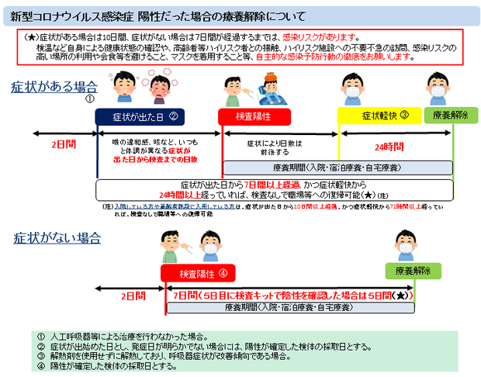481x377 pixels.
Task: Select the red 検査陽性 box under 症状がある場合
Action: [253, 116]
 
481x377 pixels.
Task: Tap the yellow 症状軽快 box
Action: [379, 116]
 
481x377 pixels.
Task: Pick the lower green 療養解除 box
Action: [412, 271]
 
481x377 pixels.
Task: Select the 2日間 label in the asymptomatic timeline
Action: [133, 296]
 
